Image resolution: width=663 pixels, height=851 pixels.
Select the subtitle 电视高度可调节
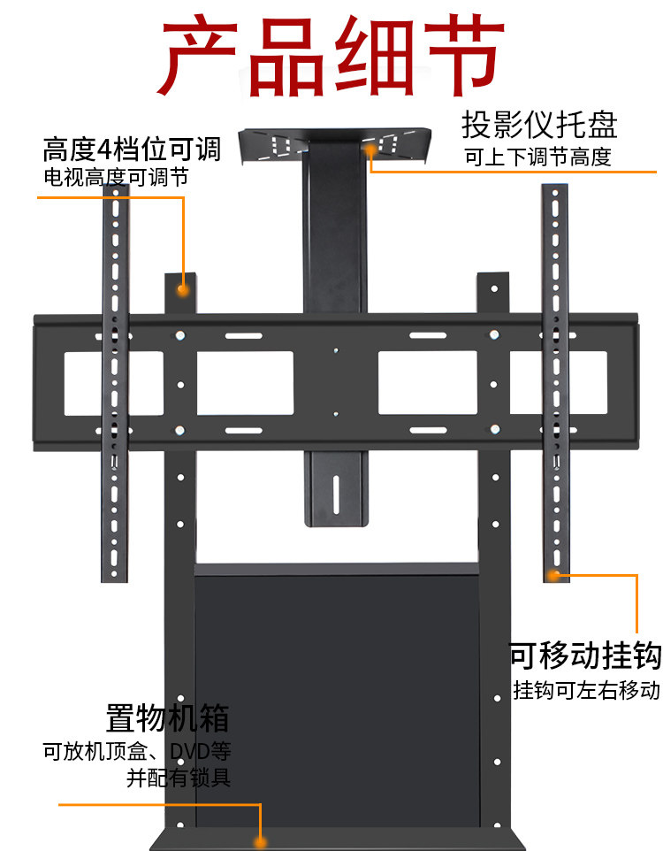click(x=115, y=177)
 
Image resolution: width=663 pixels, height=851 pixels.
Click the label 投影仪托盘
click(x=538, y=125)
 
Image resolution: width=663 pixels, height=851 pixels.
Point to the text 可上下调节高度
click(x=538, y=157)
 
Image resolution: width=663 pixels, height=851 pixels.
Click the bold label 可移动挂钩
click(x=585, y=656)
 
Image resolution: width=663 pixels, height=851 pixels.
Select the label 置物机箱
click(x=167, y=717)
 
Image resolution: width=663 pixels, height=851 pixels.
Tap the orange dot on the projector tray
click(x=370, y=152)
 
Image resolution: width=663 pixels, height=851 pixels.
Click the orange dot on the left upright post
click(x=182, y=288)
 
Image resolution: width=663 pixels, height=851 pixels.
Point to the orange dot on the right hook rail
click(x=553, y=576)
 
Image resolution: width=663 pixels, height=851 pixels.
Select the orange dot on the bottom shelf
click(x=261, y=841)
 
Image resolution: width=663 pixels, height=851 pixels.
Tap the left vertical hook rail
click(x=115, y=389)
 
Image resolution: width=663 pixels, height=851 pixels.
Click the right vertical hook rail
click(x=555, y=380)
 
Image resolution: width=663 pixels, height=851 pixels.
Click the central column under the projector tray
click(x=335, y=230)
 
